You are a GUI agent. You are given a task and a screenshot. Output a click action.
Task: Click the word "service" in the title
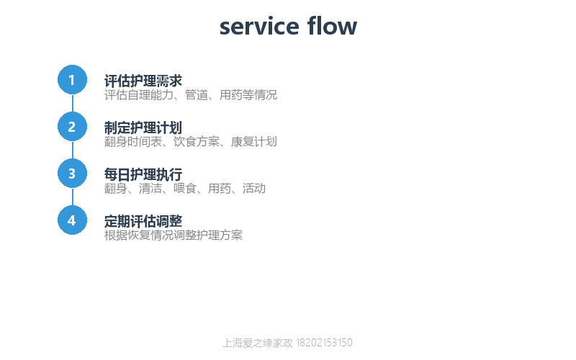click(x=259, y=27)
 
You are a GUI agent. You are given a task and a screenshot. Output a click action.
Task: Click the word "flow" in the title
click(x=332, y=26)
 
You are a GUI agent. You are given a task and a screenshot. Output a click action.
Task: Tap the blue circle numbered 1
click(x=73, y=80)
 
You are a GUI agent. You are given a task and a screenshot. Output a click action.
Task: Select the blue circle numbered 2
click(x=73, y=127)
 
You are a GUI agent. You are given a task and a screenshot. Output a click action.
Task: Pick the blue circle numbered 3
click(x=73, y=174)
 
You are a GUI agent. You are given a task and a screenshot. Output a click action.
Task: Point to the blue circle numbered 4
click(x=73, y=220)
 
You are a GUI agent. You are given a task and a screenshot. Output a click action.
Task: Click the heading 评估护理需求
click(x=143, y=81)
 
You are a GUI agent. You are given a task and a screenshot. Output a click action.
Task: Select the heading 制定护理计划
click(x=143, y=127)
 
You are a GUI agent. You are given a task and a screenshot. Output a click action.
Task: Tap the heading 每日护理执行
click(x=143, y=174)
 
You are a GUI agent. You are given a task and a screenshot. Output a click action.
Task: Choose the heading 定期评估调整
click(x=143, y=221)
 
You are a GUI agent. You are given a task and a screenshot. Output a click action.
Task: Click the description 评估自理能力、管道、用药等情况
click(x=191, y=95)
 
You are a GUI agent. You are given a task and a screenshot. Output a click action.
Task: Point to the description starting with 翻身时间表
click(x=191, y=141)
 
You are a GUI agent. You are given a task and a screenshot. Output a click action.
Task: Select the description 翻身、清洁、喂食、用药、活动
click(x=185, y=189)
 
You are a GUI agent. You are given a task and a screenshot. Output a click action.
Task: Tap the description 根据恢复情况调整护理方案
click(x=174, y=235)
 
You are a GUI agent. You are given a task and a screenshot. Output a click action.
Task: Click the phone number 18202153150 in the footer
click(x=324, y=343)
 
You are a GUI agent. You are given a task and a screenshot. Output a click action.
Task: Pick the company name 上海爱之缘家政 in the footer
click(x=258, y=343)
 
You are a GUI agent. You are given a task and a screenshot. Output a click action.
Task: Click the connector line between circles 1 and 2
click(x=73, y=103)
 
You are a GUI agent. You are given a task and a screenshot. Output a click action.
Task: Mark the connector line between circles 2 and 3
click(x=73, y=150)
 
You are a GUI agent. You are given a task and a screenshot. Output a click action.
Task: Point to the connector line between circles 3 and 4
click(x=73, y=197)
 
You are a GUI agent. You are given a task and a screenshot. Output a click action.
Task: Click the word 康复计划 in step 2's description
click(x=254, y=141)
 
